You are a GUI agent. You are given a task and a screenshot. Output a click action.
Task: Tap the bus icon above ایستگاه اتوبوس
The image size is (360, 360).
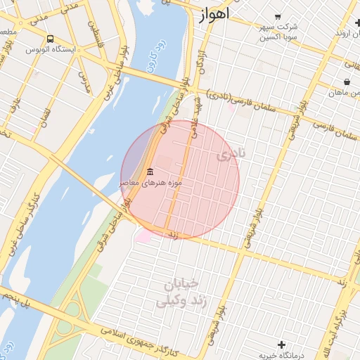coord(50,39)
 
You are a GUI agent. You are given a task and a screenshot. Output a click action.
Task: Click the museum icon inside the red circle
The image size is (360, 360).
coord(150,172)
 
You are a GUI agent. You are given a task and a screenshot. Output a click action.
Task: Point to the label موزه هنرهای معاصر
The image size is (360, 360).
coord(150,183)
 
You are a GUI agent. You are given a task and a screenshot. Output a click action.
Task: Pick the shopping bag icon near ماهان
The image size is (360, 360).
coord(347,82)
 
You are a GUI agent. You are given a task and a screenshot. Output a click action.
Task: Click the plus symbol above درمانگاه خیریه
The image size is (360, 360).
coord(282,345)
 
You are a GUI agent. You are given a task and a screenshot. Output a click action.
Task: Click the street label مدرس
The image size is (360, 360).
coord(84,82)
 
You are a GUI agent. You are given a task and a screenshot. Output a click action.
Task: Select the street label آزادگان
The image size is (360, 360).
coord(203,63)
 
